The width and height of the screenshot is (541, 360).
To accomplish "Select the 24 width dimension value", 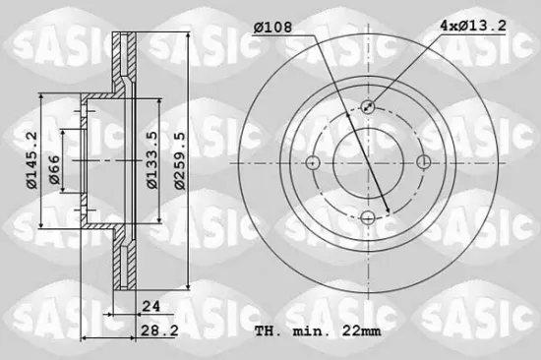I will [150, 306].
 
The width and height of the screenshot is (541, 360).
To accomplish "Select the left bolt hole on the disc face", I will [313, 162].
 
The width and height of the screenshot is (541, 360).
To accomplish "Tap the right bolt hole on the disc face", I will [422, 162].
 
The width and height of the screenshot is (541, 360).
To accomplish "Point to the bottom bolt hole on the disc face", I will [367, 217].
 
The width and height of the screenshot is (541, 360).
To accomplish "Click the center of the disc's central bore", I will [367, 162].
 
